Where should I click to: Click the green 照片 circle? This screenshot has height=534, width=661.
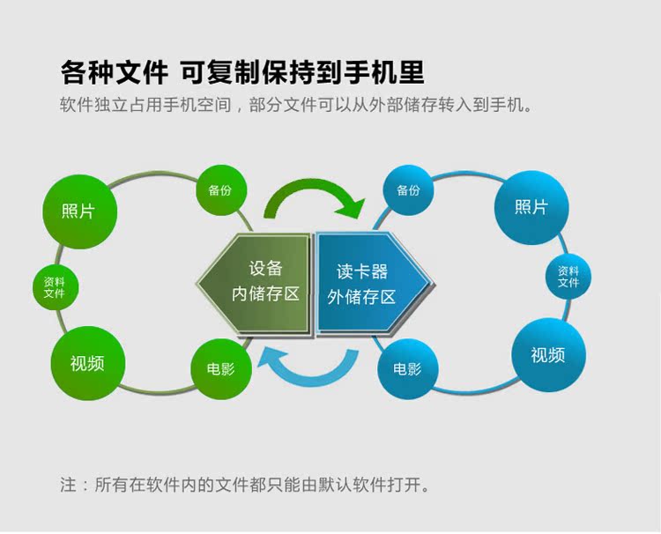point(79,211)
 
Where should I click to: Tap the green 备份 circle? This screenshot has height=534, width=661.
point(221,190)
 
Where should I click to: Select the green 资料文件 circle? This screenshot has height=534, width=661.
point(56,287)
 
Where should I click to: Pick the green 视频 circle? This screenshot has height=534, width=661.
point(88,363)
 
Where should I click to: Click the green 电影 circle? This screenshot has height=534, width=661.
point(221,369)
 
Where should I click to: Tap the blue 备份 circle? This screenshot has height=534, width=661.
point(408,190)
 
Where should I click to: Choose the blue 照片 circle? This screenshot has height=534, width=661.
point(531,208)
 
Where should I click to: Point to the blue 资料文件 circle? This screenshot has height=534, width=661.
point(568,277)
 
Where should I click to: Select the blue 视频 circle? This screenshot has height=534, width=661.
point(548,355)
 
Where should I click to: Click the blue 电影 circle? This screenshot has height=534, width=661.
point(408,369)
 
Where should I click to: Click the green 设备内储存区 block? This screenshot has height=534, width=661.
point(254,284)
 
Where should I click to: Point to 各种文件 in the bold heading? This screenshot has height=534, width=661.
point(115,72)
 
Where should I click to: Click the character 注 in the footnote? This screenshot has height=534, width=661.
point(68,485)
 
